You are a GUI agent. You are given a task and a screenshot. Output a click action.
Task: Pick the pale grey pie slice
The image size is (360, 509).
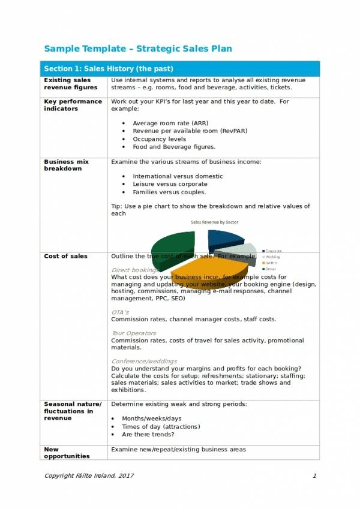point(243,251)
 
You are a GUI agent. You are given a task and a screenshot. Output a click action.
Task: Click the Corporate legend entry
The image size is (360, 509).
point(274,251)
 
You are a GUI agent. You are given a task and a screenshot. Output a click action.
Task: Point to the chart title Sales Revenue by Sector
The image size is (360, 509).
point(214,222)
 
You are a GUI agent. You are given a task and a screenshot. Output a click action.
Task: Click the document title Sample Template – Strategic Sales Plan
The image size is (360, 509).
point(138,49)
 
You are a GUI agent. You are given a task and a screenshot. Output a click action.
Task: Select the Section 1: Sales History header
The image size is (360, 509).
point(108,68)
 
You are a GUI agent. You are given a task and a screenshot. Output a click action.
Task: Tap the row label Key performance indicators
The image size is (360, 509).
point(73,105)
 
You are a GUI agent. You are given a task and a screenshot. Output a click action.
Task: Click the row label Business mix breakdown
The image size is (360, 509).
point(67,165)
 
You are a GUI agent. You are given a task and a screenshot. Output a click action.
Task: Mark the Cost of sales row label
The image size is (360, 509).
point(65,256)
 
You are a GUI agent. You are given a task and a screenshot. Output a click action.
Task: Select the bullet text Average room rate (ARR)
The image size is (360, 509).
point(162,124)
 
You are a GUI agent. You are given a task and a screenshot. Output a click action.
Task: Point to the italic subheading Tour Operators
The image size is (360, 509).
point(133,333)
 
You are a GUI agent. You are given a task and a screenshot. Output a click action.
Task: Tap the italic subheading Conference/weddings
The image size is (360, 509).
point(144,361)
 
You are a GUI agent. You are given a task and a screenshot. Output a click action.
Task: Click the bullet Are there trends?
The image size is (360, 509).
point(148,435)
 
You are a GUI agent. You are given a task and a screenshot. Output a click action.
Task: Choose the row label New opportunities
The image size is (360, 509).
point(67,453)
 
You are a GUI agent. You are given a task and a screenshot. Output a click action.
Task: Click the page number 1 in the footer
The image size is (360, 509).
point(314,475)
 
